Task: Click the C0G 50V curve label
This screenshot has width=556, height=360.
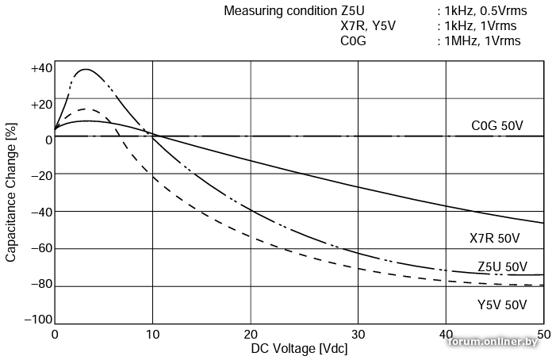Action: (497, 125)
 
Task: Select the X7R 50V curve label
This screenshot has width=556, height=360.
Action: (494, 238)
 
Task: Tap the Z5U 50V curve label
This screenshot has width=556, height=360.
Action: (502, 266)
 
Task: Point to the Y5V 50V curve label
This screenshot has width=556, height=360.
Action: (502, 304)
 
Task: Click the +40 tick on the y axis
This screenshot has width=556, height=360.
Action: (41, 68)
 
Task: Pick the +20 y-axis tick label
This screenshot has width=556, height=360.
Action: (41, 105)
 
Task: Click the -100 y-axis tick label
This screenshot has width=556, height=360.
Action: (38, 320)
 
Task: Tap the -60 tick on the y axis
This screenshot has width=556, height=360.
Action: (41, 248)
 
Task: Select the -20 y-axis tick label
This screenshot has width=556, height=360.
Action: (41, 176)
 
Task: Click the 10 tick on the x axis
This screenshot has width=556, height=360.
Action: (152, 335)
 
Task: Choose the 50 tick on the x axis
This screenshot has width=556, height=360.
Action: (543, 335)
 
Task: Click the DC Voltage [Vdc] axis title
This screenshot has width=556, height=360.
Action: (299, 349)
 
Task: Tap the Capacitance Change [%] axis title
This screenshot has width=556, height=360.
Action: (11, 193)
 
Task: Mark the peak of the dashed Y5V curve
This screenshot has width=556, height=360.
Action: (84, 109)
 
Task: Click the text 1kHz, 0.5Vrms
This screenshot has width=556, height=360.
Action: (485, 11)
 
